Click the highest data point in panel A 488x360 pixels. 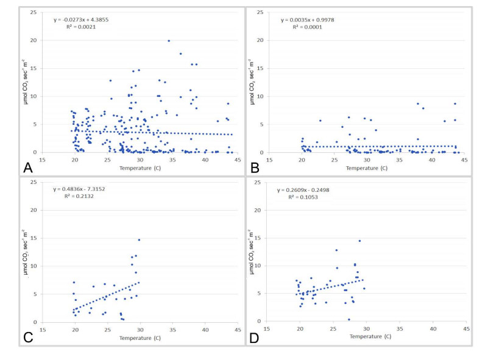tap(169, 41)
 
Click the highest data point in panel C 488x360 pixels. tap(139, 240)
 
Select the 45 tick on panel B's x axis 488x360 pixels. tap(464, 160)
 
